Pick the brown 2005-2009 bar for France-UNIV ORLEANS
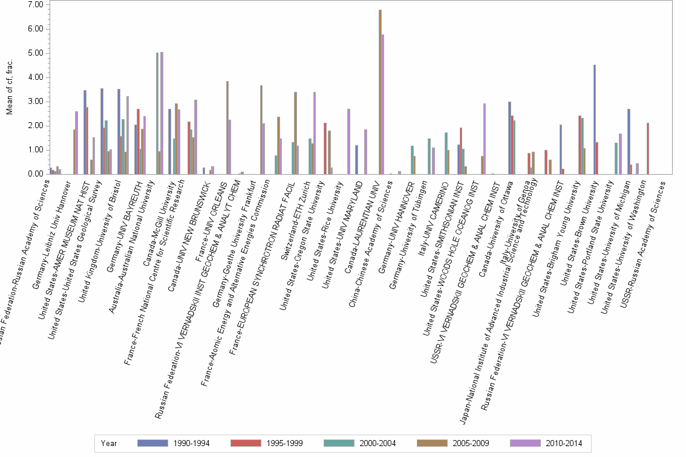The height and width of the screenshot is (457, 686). [x=227, y=127]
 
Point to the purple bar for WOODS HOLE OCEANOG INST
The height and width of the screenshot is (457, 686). [x=485, y=138]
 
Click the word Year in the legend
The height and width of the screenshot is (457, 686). [x=109, y=443]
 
